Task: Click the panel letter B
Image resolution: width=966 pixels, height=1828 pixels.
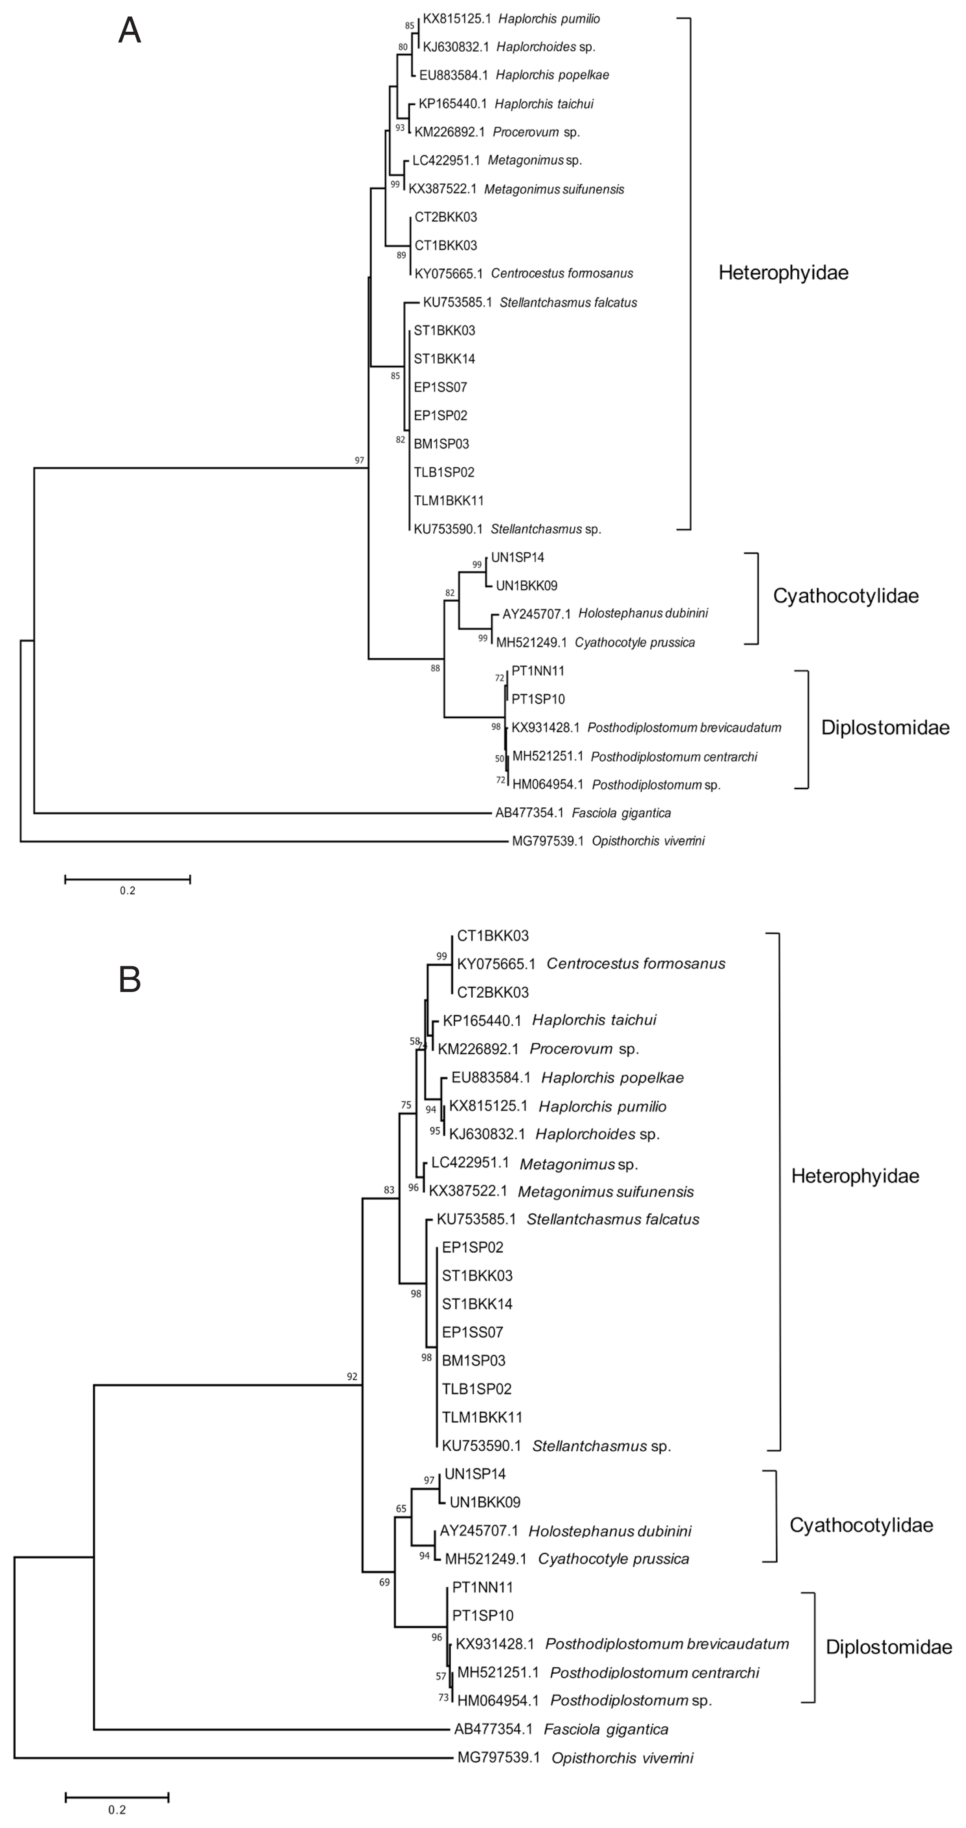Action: (x=129, y=979)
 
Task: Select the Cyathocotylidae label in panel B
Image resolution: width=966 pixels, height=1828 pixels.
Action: (x=861, y=1525)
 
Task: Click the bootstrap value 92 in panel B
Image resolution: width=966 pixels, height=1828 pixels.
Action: (x=352, y=1377)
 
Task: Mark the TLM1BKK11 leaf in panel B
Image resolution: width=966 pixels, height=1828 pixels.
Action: (x=482, y=1417)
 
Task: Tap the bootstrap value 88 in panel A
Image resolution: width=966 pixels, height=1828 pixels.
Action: (x=435, y=668)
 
